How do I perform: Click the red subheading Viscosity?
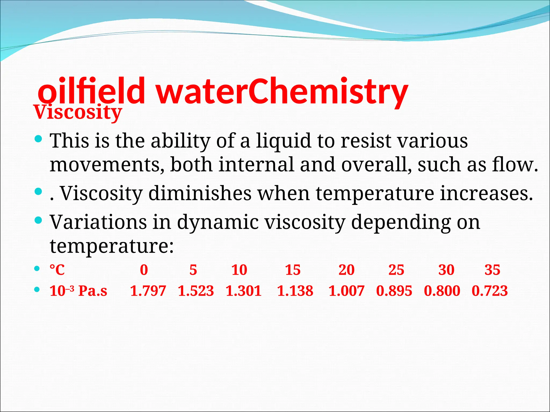click(78, 112)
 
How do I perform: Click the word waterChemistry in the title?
click(282, 91)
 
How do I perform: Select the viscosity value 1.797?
click(148, 291)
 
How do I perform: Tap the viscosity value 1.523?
click(196, 291)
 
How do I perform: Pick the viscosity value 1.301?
click(244, 291)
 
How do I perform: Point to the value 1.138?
click(295, 291)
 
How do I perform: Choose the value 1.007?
click(346, 291)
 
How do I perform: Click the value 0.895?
click(394, 291)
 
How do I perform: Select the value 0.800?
click(442, 291)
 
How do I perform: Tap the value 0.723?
click(490, 291)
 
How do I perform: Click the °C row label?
click(57, 270)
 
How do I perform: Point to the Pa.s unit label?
click(93, 291)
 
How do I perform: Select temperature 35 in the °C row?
click(492, 270)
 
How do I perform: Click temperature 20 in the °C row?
click(346, 270)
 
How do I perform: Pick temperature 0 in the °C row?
click(144, 270)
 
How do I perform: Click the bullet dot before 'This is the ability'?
click(39, 139)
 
